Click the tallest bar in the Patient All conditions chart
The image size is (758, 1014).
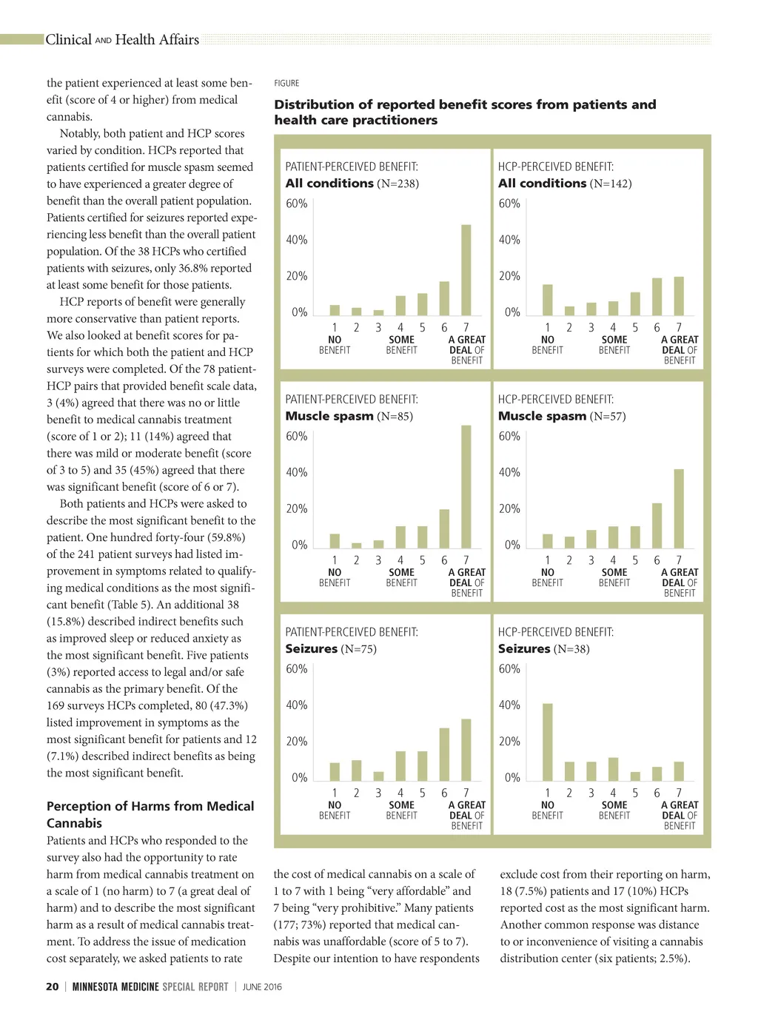(x=466, y=270)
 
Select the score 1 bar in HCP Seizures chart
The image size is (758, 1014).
(x=548, y=742)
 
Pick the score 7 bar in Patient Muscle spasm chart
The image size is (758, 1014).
(x=466, y=486)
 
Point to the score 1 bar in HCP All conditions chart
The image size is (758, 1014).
(x=548, y=300)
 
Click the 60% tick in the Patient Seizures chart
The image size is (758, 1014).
(x=296, y=668)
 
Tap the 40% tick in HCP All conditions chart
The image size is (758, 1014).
(x=509, y=240)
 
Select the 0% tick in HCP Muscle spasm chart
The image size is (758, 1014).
(x=512, y=545)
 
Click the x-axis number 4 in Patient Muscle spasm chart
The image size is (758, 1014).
(x=400, y=560)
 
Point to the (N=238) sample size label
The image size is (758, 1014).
(x=398, y=184)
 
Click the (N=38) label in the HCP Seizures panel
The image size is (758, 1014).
(x=571, y=649)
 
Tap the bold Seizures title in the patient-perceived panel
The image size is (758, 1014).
(x=312, y=649)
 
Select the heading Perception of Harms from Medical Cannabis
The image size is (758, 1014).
(x=150, y=814)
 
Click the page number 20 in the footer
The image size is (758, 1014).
(x=53, y=987)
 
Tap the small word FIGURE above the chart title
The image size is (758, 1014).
(x=286, y=83)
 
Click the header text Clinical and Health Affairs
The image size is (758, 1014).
(x=122, y=40)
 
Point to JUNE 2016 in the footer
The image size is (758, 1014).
(x=262, y=987)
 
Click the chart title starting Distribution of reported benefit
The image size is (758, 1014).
(x=465, y=113)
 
